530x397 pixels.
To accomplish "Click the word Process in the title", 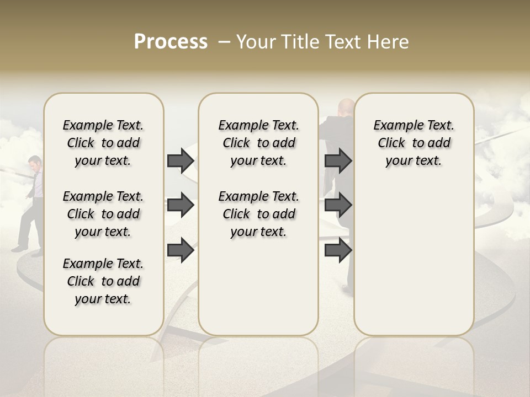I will click(171, 42).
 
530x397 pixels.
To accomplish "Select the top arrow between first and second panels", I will click(181, 160).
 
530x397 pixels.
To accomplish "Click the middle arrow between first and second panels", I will click(181, 206).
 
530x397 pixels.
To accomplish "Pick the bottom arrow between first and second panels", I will click(181, 250).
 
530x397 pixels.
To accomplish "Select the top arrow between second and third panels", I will click(338, 160).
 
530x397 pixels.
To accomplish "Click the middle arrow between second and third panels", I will click(338, 206).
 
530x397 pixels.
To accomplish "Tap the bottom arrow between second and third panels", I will click(338, 250).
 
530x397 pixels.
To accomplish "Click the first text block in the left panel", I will click(103, 143).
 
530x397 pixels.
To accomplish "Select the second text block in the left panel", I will click(103, 214).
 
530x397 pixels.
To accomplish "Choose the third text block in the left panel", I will click(103, 281).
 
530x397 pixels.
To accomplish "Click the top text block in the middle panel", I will click(258, 143).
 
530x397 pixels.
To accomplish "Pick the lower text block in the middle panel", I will click(258, 214).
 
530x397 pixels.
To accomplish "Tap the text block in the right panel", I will click(414, 143).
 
